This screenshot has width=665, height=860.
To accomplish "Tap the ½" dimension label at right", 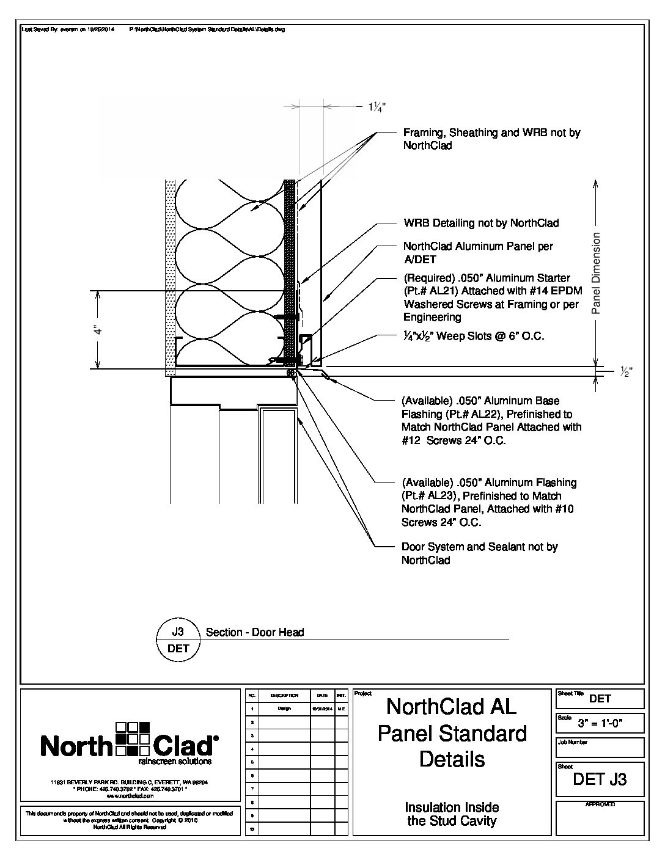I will (625, 372).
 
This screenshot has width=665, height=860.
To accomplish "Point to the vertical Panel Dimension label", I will (597, 273).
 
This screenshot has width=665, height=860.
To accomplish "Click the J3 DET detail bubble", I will (178, 640).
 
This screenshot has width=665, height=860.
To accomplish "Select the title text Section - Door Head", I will (255, 632).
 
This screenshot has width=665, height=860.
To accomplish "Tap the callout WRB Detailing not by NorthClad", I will (480, 223).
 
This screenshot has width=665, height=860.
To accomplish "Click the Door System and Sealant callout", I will (479, 553).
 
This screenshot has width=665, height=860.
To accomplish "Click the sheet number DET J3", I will (600, 779).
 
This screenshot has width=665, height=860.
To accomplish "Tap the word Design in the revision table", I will (284, 709).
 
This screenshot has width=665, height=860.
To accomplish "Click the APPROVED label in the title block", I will (600, 804).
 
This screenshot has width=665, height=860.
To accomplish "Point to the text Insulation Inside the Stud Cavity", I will (452, 814).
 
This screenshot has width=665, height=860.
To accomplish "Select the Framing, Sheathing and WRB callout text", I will (491, 139).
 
